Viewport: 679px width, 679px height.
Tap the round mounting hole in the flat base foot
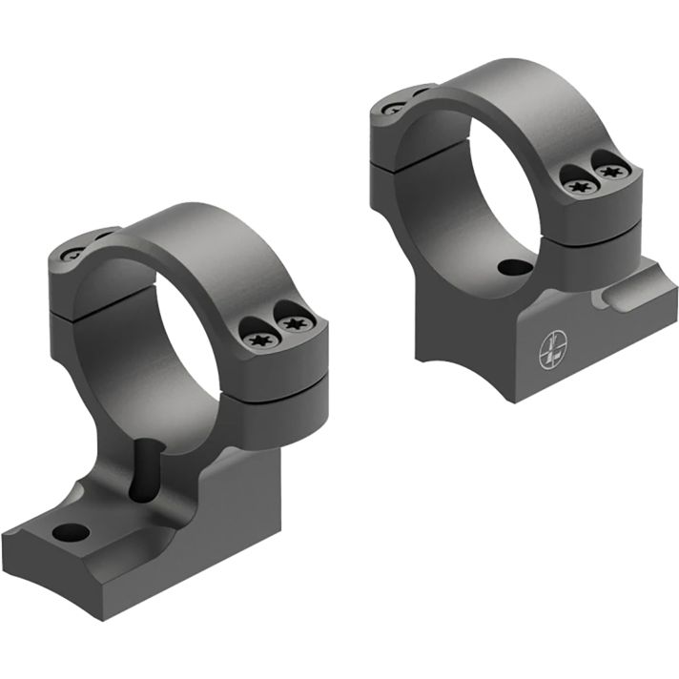[69, 530]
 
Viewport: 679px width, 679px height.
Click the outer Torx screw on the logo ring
[609, 172]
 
